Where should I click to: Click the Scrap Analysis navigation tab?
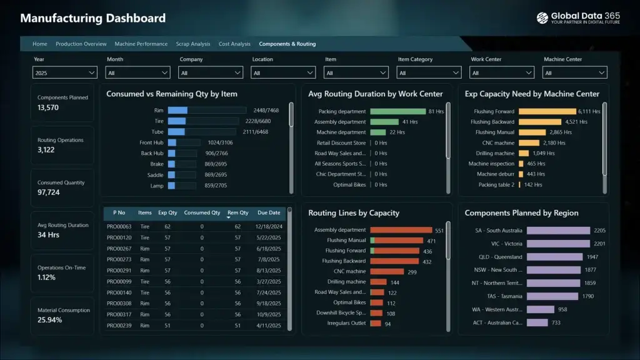[x=192, y=44]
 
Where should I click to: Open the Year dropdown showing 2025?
[x=64, y=73]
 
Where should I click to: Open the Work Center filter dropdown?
[x=502, y=73]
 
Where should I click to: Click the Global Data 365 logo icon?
[x=542, y=18]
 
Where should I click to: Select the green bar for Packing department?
[x=397, y=111]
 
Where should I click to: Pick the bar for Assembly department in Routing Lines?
[x=401, y=230]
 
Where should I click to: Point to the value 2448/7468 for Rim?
[x=266, y=111]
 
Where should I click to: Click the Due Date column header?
[x=269, y=212]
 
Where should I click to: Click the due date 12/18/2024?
[x=269, y=226]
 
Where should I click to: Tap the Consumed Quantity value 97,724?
[x=49, y=192]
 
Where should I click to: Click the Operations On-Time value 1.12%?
[x=46, y=277]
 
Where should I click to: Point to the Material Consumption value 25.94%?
[x=49, y=320]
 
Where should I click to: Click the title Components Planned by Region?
[x=521, y=213]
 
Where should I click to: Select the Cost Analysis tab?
[x=234, y=44]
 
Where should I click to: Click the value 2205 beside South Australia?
[x=599, y=231]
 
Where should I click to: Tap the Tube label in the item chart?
[x=157, y=132]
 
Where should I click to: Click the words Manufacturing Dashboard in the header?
[x=93, y=18]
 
